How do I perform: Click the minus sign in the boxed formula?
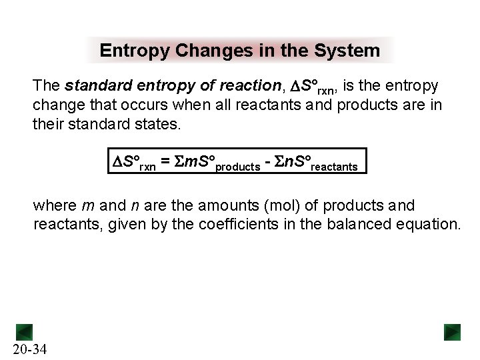click(269, 162)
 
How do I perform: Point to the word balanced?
click(359, 225)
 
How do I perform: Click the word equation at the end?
click(425, 225)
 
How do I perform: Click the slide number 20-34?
click(29, 349)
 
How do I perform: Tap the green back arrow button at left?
click(24, 332)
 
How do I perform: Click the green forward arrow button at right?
click(453, 332)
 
